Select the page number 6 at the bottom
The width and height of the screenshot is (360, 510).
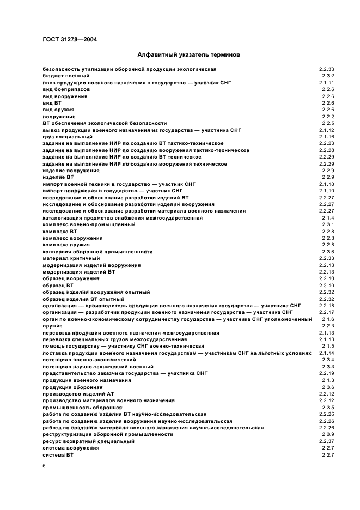coord(44,466)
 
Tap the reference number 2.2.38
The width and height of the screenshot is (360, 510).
coord(326,69)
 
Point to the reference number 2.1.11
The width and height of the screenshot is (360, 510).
coord(326,83)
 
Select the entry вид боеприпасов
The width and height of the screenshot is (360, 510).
coord(65,89)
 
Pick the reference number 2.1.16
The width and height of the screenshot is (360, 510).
coord(326,137)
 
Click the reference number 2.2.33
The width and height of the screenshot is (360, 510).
coord(326,258)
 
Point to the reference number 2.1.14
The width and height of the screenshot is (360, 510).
coord(326,353)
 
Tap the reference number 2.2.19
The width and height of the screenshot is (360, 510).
coord(326,373)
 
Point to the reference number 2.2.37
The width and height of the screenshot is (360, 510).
coord(326,441)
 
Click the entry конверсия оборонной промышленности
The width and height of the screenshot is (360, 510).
coord(97,252)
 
